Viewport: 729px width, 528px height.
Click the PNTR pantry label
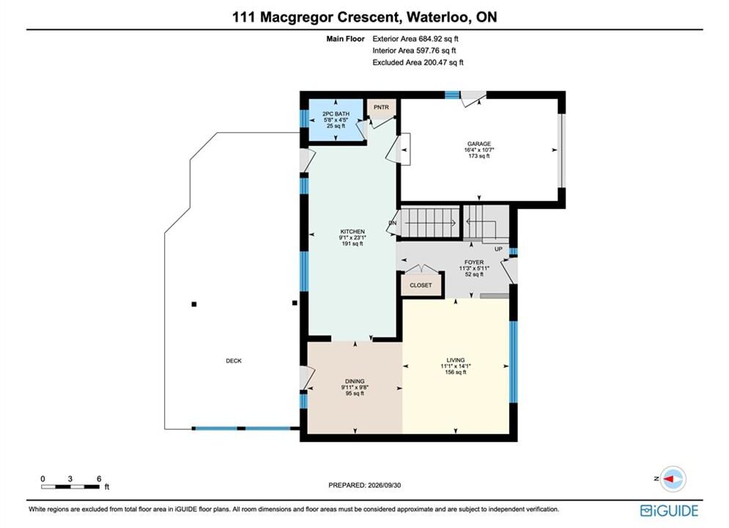(381, 108)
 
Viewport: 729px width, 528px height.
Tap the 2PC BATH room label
(336, 114)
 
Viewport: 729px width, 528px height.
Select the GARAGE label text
(479, 144)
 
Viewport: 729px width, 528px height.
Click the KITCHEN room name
(352, 232)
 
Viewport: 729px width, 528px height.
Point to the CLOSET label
(421, 285)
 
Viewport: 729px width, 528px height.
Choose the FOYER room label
(474, 263)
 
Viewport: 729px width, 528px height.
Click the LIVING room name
(456, 360)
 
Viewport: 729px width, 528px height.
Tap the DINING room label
(355, 381)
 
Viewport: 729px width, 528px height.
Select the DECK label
(234, 361)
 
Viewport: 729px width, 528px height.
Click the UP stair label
(498, 249)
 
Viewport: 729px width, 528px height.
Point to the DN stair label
(393, 223)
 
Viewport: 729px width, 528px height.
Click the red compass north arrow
(670, 479)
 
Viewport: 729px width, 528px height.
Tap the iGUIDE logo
(669, 510)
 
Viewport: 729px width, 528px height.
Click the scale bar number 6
(99, 479)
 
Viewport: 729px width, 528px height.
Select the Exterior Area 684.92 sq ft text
(415, 39)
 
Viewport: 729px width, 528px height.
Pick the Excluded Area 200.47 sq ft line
(418, 62)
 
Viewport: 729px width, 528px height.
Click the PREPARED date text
(365, 485)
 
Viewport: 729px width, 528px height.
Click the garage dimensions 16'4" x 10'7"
(479, 150)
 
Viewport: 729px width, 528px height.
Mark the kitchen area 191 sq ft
(352, 243)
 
